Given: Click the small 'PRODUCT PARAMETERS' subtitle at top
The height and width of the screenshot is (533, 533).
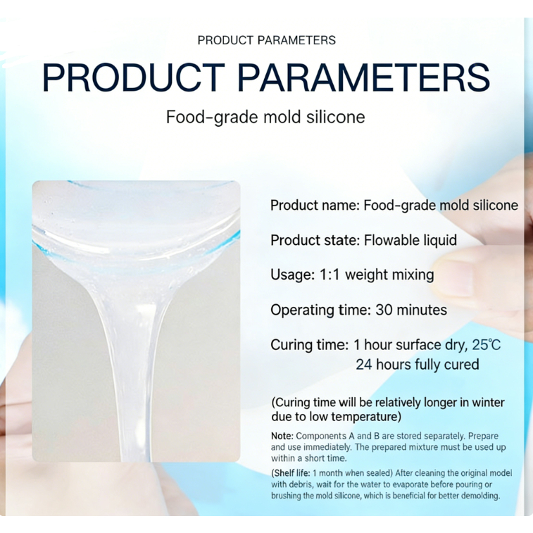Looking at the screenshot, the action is [x=266, y=40].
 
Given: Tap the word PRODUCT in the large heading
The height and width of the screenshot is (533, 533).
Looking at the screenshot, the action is [x=134, y=78].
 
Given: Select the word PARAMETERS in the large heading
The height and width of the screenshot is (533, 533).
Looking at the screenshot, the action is [x=363, y=78].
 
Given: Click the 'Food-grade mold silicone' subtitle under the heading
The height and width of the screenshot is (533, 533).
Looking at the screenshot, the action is [x=265, y=117].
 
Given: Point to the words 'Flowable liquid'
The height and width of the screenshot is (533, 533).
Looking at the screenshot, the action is [x=410, y=240].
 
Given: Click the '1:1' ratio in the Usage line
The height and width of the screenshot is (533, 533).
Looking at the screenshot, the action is [x=330, y=275].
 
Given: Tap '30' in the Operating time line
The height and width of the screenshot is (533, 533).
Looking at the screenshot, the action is [x=384, y=310].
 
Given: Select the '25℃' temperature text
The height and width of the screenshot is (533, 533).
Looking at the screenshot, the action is [x=487, y=345].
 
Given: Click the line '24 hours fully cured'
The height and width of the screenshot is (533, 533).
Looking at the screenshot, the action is [x=418, y=365].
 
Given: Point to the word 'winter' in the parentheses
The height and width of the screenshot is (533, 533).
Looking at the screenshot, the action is [x=488, y=403].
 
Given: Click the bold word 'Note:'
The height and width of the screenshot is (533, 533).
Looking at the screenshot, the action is [x=282, y=436].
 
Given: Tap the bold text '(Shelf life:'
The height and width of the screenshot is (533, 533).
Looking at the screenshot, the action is [x=291, y=473].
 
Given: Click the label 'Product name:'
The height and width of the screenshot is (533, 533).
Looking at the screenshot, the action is [x=315, y=206].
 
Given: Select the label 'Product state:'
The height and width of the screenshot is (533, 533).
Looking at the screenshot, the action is [x=315, y=240].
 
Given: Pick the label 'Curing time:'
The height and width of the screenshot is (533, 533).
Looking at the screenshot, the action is [x=310, y=345].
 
